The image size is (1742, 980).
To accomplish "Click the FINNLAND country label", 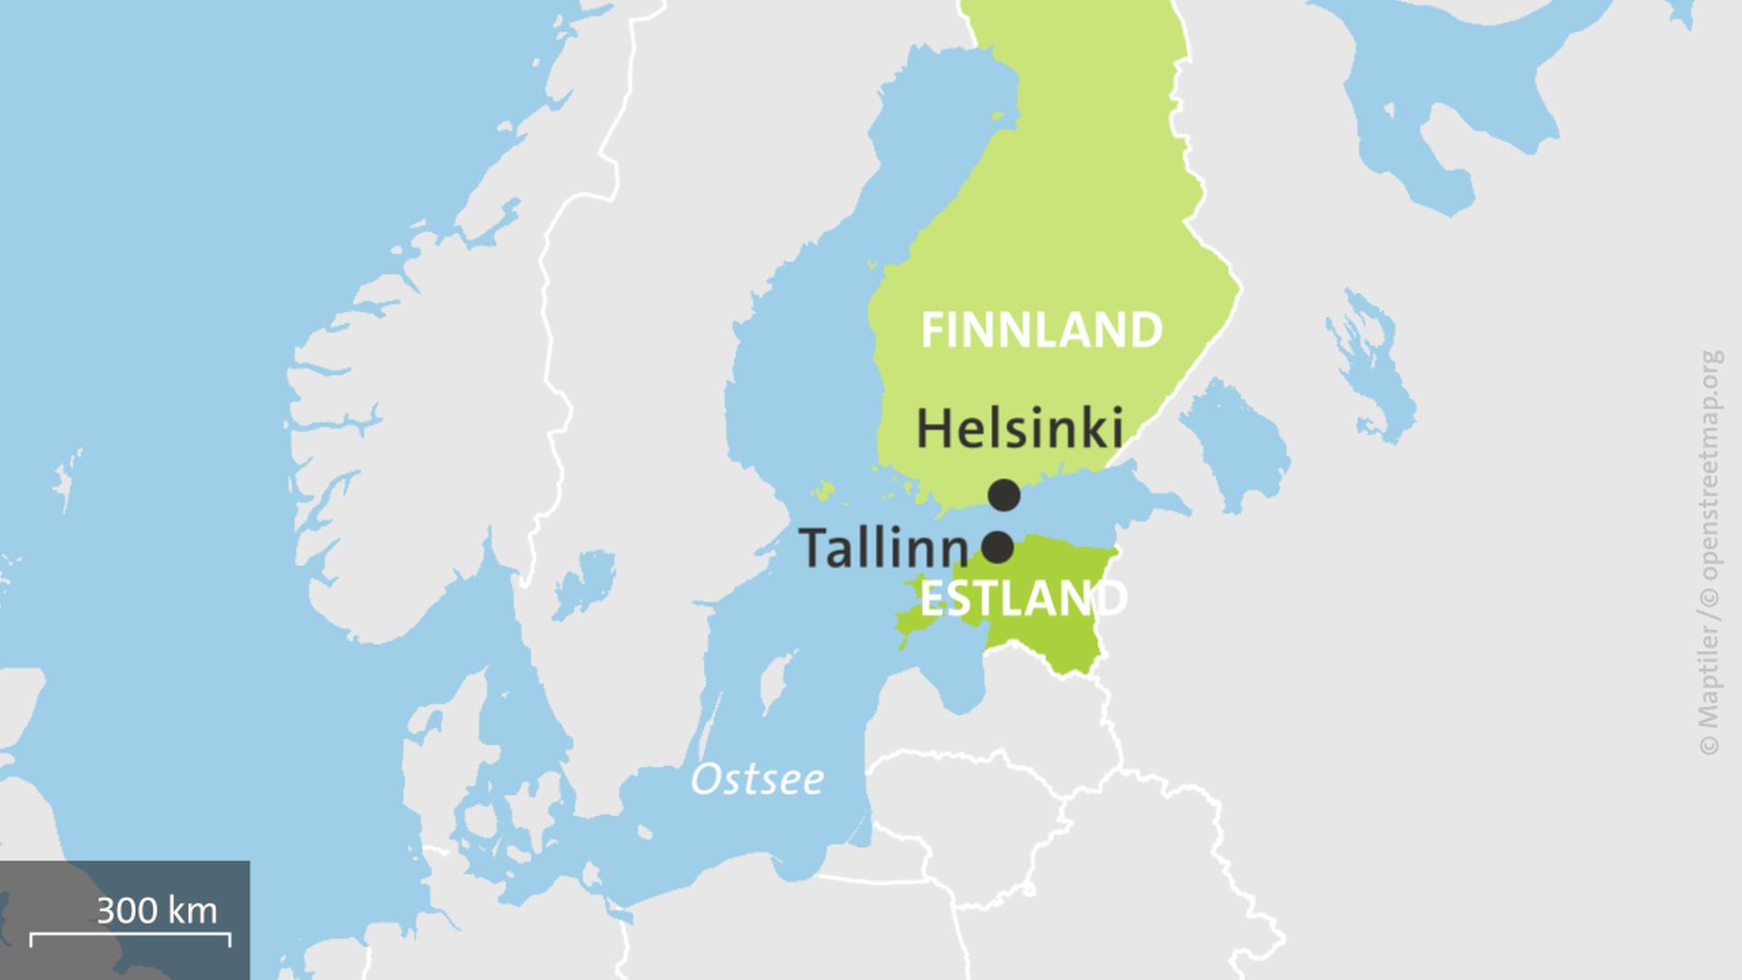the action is click(1041, 330).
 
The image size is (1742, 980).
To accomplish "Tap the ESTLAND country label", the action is click(1023, 599).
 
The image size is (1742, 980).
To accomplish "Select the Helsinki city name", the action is click(1020, 427).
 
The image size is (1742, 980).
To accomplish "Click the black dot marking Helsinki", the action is click(1003, 495).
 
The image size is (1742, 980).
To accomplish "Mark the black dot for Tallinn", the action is click(998, 547).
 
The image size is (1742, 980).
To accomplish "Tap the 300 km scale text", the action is click(157, 910).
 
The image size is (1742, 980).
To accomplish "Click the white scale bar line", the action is click(130, 935).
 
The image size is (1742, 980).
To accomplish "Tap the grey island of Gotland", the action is click(772, 685).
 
